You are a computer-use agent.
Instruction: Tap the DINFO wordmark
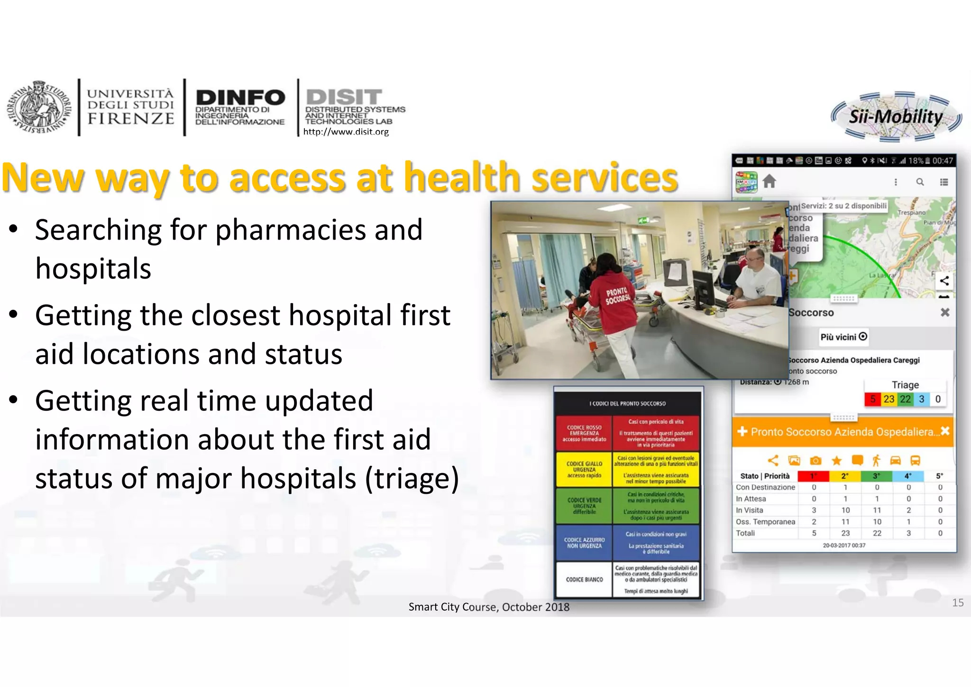point(240,98)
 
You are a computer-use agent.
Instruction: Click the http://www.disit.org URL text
point(346,132)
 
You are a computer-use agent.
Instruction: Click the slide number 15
point(957,603)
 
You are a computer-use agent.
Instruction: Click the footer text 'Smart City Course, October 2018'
point(489,607)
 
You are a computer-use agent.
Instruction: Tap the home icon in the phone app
point(769,181)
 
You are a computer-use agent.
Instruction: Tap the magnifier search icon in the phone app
point(920,182)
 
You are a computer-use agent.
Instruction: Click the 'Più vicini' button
point(843,337)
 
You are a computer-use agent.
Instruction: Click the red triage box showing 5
point(872,399)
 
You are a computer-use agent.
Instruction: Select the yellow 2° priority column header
point(845,476)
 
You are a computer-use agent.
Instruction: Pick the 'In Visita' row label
point(750,510)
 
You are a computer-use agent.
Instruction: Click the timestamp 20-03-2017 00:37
point(844,545)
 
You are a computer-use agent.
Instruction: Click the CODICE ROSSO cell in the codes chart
point(584,433)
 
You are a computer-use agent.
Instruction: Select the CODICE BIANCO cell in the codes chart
point(584,579)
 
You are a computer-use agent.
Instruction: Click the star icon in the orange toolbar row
point(836,460)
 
